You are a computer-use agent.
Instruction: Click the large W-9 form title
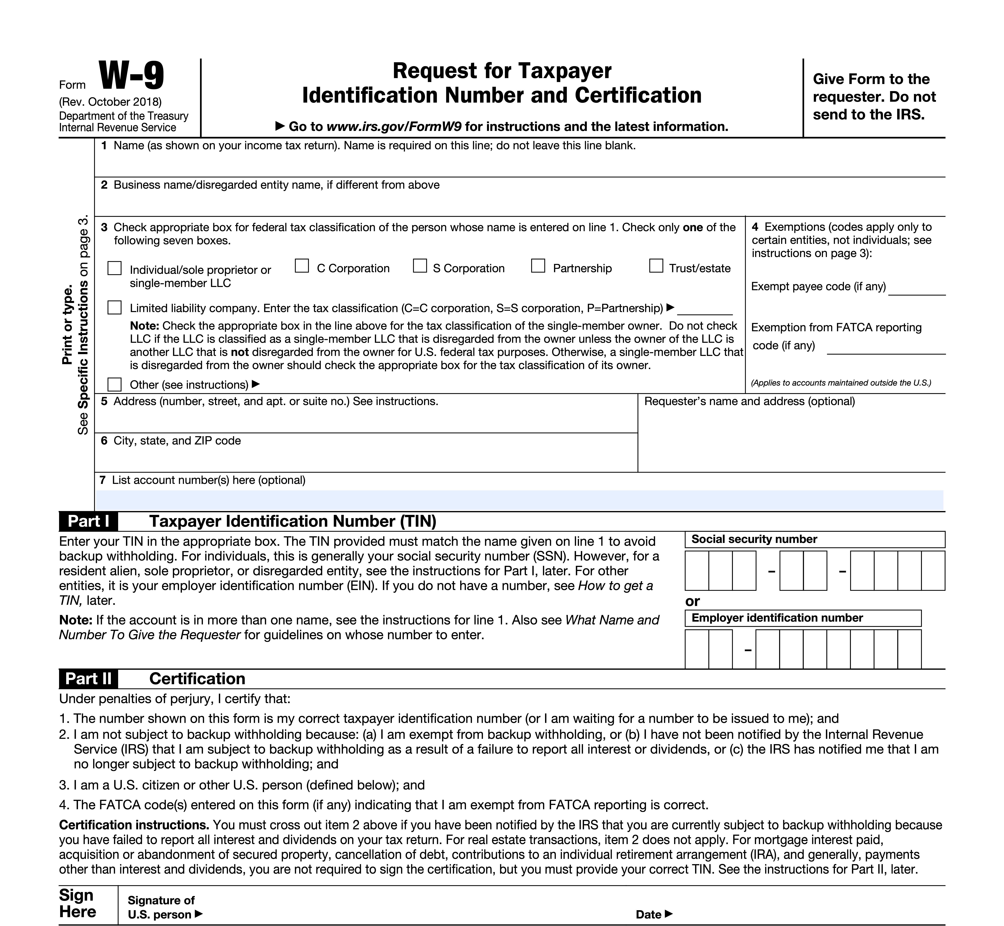point(131,76)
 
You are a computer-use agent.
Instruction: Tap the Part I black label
point(88,521)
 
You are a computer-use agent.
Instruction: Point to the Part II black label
point(88,678)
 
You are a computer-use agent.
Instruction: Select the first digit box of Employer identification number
point(697,649)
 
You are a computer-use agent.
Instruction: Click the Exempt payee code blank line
point(916,290)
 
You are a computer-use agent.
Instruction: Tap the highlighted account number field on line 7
point(519,500)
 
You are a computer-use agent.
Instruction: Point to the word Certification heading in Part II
point(197,678)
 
